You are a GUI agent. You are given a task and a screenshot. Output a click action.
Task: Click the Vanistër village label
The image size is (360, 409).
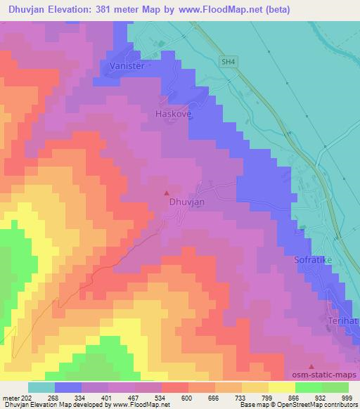tap(127, 65)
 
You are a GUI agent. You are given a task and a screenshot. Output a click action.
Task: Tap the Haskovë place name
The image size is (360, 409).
tap(172, 112)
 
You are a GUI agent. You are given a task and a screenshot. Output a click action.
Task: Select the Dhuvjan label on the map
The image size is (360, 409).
tap(187, 202)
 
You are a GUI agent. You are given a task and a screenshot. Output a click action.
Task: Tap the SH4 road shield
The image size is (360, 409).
tap(226, 62)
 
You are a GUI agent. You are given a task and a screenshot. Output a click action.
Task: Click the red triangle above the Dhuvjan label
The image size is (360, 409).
tap(167, 192)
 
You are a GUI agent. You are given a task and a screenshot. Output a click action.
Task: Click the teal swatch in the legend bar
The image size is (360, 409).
tap(41, 387)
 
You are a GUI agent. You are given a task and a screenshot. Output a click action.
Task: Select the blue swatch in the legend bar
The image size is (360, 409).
tap(68, 387)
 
